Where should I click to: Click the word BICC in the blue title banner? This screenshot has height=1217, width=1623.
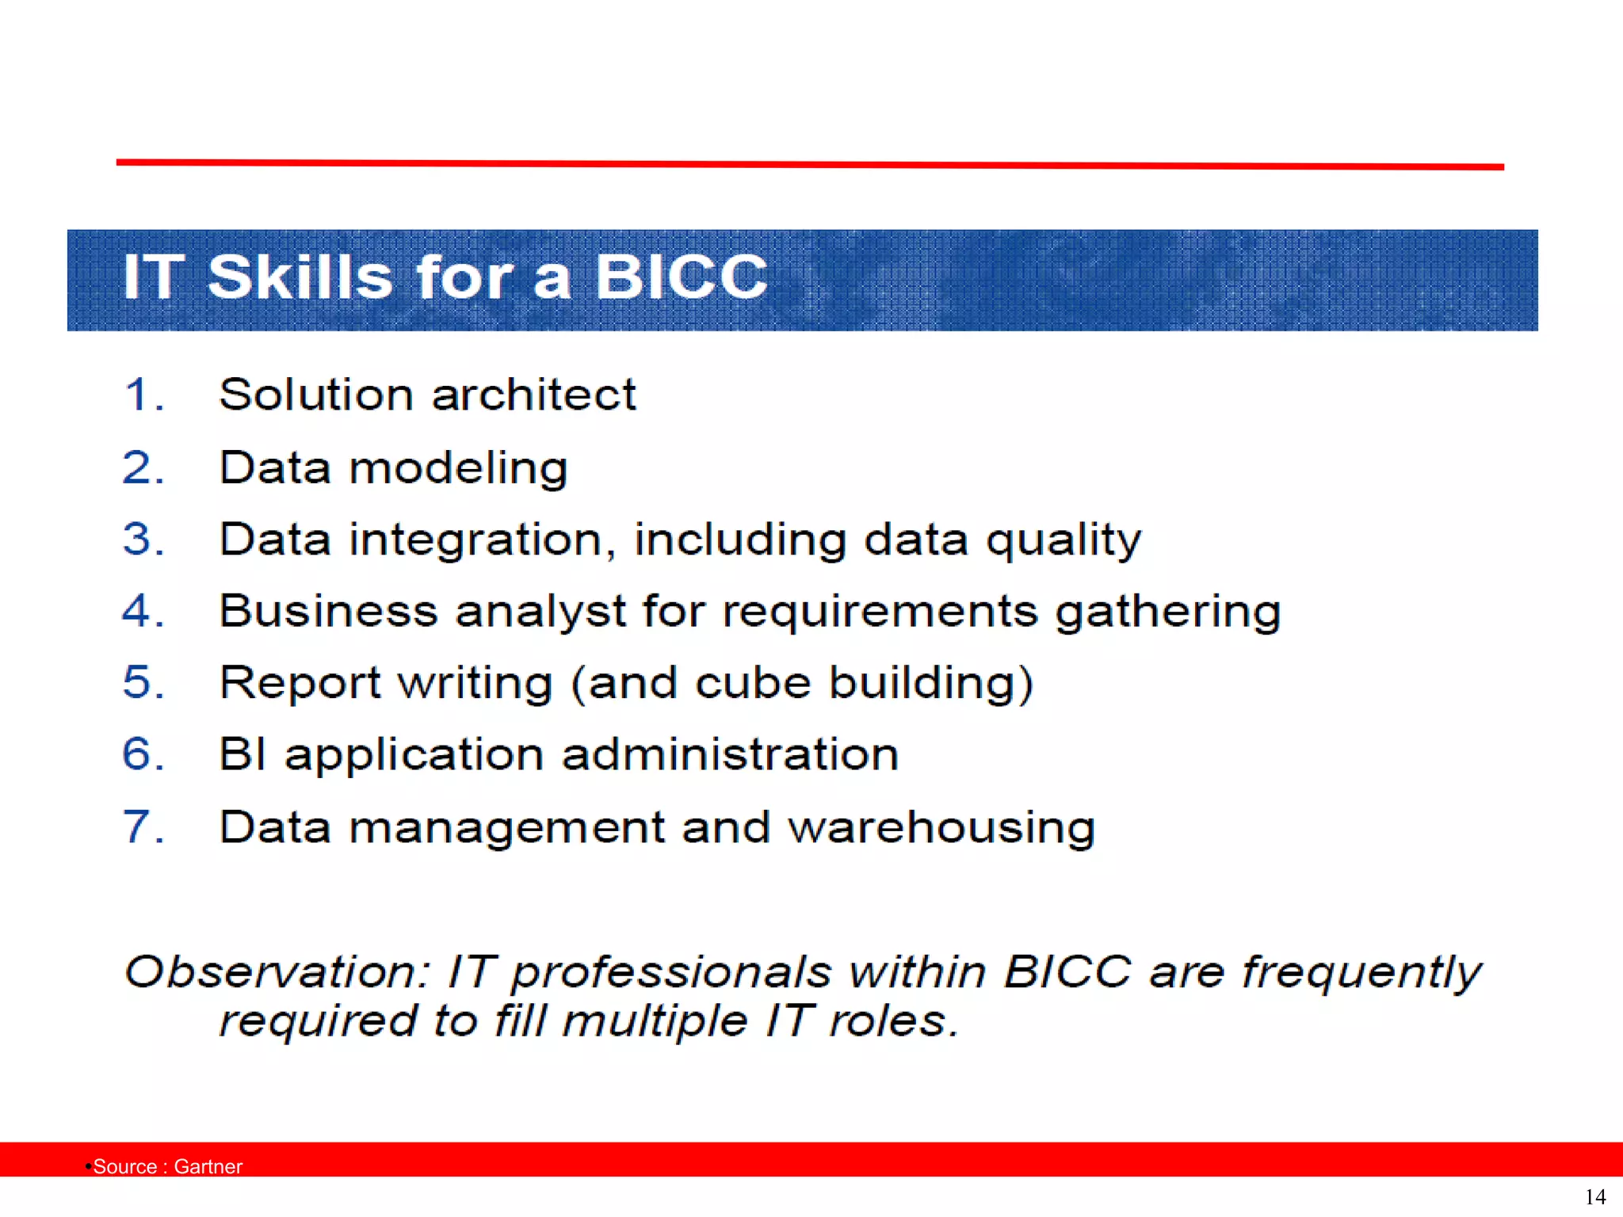tap(681, 277)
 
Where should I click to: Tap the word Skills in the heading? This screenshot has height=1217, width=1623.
tap(300, 277)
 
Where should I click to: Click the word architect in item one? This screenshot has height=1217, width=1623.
tap(533, 395)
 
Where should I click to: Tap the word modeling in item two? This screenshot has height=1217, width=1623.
tap(458, 468)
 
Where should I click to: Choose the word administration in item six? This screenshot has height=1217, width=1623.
tap(730, 753)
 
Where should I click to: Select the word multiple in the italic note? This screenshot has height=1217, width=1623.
tap(655, 1021)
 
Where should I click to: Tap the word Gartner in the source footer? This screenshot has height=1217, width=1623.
tap(208, 1166)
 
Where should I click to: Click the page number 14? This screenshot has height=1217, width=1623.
tap(1594, 1196)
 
